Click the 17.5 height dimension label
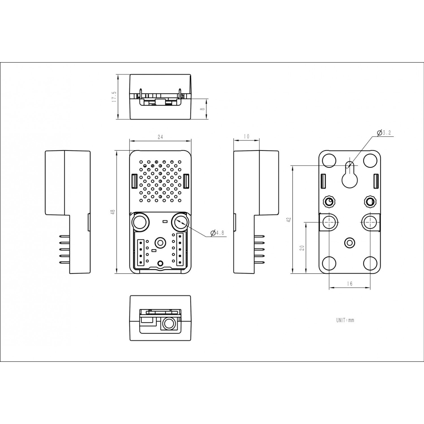click(x=114, y=97)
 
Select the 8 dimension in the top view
click(x=202, y=109)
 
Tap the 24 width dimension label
click(x=160, y=137)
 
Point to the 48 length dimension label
click(x=113, y=212)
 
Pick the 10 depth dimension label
click(x=246, y=137)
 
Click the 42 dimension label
click(x=288, y=220)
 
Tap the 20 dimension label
click(x=302, y=248)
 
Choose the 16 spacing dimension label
click(x=350, y=284)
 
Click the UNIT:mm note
click(x=345, y=320)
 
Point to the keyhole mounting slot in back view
click(x=350, y=177)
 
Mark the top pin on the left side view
click(x=64, y=236)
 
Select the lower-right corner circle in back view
click(x=370, y=263)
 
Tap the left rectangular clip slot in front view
click(x=135, y=181)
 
